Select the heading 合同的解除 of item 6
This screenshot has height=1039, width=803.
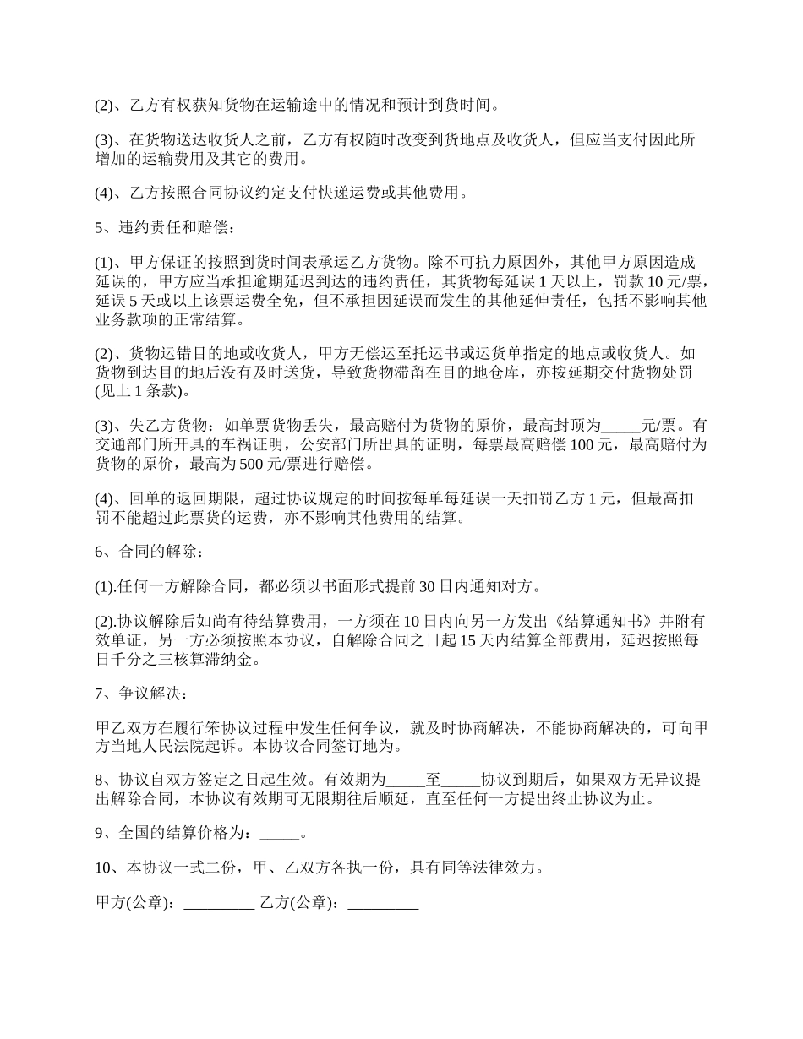[x=157, y=552]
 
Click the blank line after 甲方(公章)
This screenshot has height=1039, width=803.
[x=219, y=903]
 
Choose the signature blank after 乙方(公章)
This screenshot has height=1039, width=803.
[x=383, y=903]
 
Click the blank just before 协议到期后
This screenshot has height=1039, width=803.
[x=461, y=780]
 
